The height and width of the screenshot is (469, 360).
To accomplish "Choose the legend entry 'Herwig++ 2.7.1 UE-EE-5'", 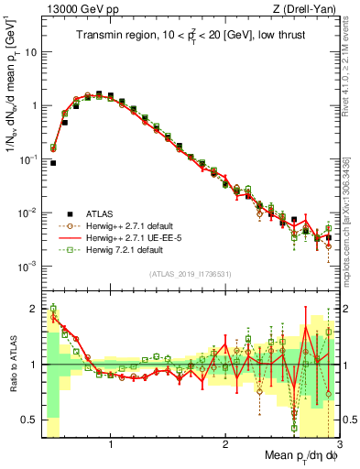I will pyautogui.click(x=123, y=236).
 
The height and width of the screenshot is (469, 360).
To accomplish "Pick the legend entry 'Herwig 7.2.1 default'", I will pyautogui.click(x=116, y=249).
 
